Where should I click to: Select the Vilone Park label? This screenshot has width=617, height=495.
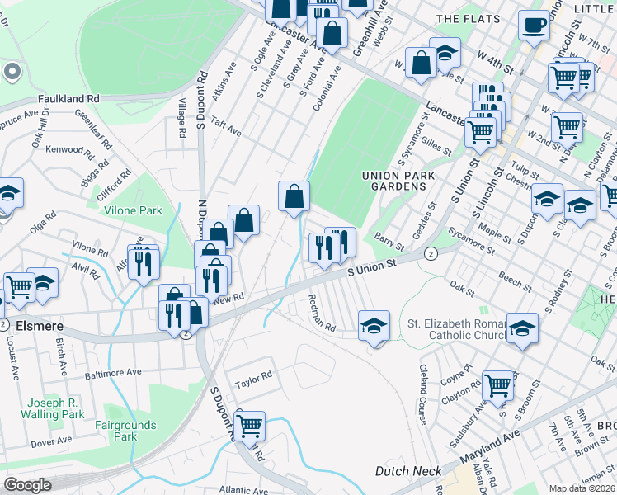(133, 210)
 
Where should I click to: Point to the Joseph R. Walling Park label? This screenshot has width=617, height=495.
(55, 408)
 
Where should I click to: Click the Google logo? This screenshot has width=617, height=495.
(27, 485)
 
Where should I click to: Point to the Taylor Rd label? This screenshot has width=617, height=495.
(253, 379)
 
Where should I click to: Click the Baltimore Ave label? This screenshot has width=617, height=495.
(113, 372)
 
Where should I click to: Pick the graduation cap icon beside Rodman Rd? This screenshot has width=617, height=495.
(374, 325)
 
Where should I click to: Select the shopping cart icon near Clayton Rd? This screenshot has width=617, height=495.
(497, 384)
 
